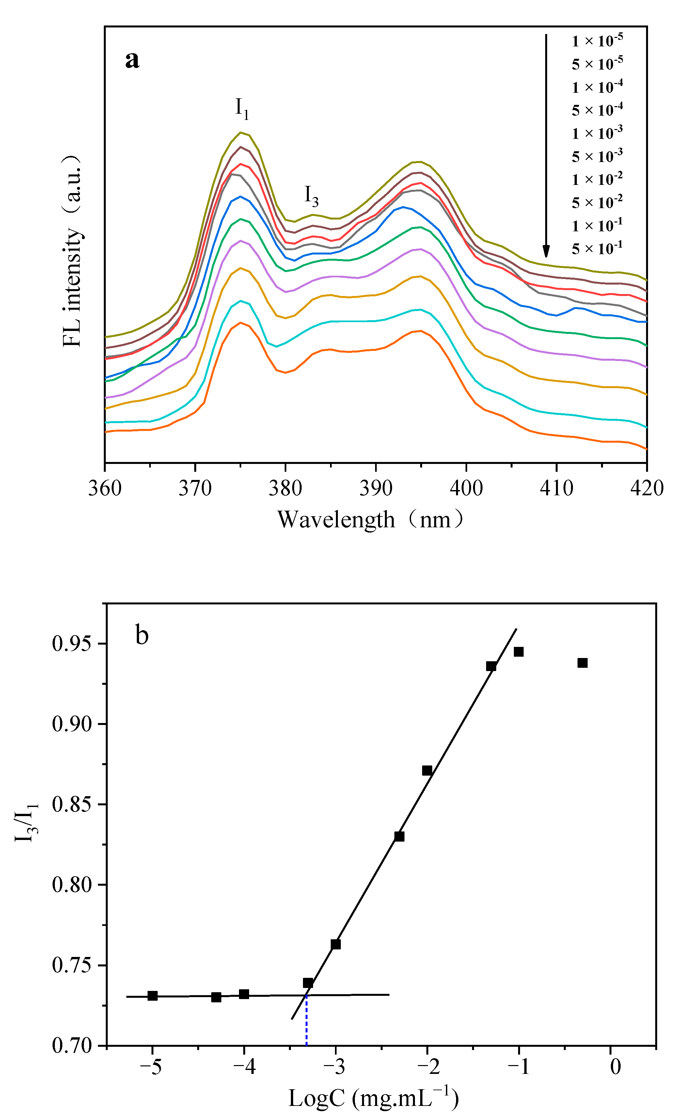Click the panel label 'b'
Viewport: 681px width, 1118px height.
click(x=142, y=635)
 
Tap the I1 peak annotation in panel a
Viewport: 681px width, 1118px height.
click(x=242, y=108)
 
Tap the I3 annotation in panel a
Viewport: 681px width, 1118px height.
click(x=311, y=196)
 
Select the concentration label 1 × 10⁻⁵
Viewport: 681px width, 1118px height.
click(x=597, y=41)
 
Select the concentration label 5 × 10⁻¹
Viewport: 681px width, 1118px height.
click(x=597, y=249)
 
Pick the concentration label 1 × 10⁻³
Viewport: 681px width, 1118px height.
click(x=597, y=133)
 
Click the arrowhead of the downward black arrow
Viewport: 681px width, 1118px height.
click(x=546, y=251)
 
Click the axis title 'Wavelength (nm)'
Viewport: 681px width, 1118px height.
click(x=371, y=519)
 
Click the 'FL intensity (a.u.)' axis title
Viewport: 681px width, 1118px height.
click(x=72, y=251)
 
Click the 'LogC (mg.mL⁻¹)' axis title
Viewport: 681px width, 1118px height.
click(x=373, y=1098)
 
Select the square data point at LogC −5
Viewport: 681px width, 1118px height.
click(x=152, y=996)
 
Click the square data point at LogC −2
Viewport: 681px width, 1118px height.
click(x=427, y=770)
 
